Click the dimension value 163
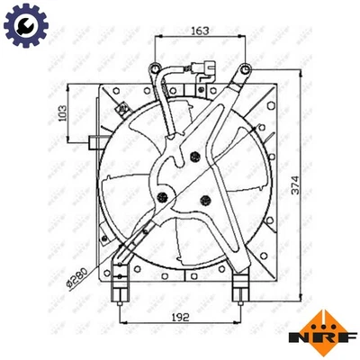coord(200,31)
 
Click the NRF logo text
coord(330,338)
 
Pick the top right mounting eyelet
coord(243,67)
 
